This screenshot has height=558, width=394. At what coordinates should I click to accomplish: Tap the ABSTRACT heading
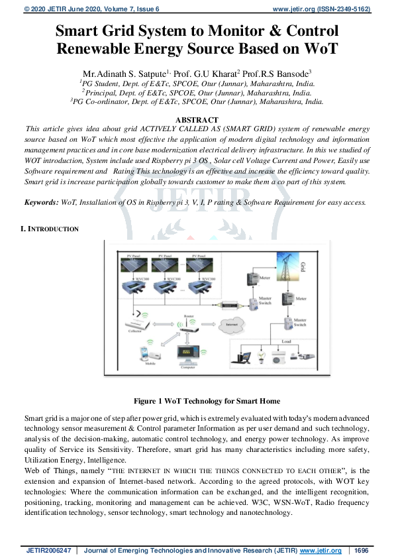[x=197, y=118]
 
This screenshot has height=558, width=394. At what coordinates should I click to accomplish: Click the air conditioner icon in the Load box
[x=279, y=357]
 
